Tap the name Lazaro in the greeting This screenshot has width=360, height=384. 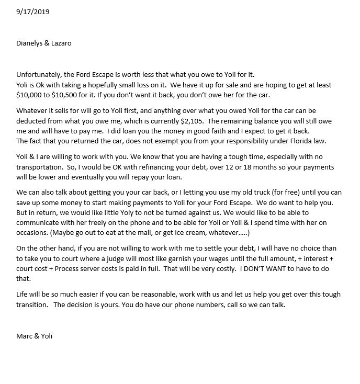[61, 43]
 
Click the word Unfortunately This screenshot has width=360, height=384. [38, 74]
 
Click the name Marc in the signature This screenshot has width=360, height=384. [25, 336]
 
